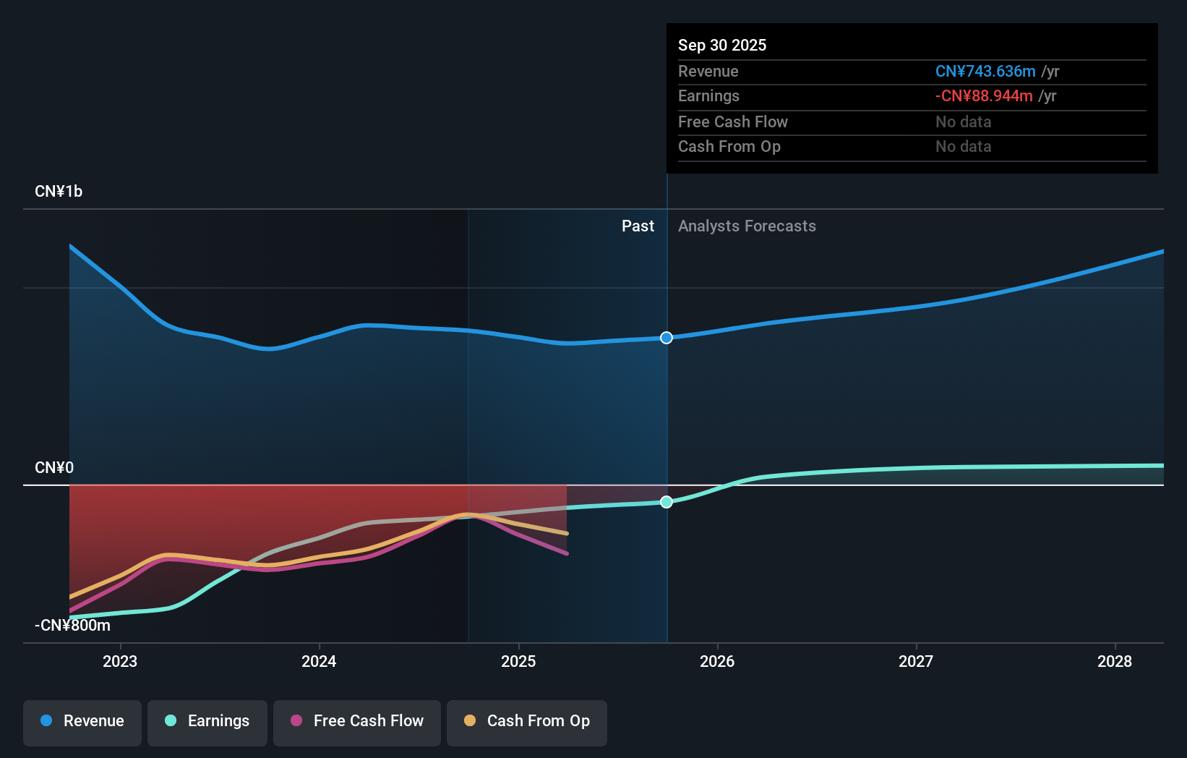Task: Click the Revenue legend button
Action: pos(82,721)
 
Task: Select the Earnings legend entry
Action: pos(207,721)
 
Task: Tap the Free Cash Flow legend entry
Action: pos(357,721)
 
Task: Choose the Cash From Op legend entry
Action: pos(527,721)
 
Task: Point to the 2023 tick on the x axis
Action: pos(120,661)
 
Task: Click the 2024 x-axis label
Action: pos(319,661)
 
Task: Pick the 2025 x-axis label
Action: pos(518,661)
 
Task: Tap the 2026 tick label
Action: pos(717,661)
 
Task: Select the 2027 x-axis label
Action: pos(916,661)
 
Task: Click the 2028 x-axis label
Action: pos(1115,661)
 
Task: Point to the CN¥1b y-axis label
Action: pos(59,192)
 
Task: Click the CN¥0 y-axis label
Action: pos(54,468)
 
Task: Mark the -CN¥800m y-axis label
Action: pos(72,626)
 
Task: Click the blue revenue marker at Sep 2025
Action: pos(667,338)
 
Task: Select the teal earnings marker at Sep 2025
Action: pos(667,502)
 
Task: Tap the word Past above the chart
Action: pos(638,226)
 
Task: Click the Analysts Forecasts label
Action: pos(747,226)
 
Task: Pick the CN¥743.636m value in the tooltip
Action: pos(985,72)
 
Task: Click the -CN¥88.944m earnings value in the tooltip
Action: pos(984,96)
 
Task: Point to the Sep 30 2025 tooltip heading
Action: pos(722,46)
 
